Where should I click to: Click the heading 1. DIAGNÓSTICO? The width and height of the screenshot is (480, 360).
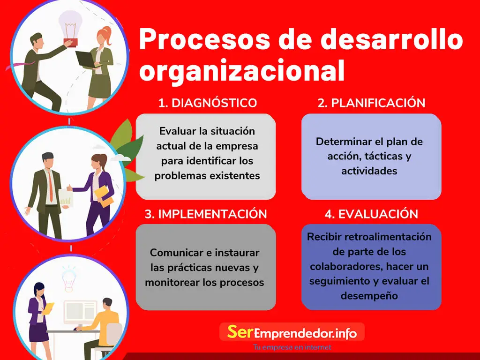click(208, 103)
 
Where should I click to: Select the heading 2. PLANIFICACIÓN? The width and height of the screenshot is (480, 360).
click(371, 103)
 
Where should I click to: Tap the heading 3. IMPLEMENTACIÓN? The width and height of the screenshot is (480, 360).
click(206, 214)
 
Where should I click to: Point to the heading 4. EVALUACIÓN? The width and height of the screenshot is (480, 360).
click(371, 214)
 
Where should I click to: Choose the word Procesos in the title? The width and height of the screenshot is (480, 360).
click(205, 39)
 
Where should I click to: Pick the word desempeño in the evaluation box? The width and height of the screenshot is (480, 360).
click(369, 296)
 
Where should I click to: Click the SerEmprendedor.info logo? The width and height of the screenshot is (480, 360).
click(292, 332)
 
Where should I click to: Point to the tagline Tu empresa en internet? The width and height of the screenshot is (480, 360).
click(292, 347)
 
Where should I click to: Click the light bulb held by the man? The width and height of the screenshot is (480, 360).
click(71, 28)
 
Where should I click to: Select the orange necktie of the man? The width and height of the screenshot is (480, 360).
click(51, 187)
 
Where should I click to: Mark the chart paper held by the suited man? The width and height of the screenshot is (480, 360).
click(66, 198)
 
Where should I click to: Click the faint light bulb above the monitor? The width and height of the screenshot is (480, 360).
click(69, 278)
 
